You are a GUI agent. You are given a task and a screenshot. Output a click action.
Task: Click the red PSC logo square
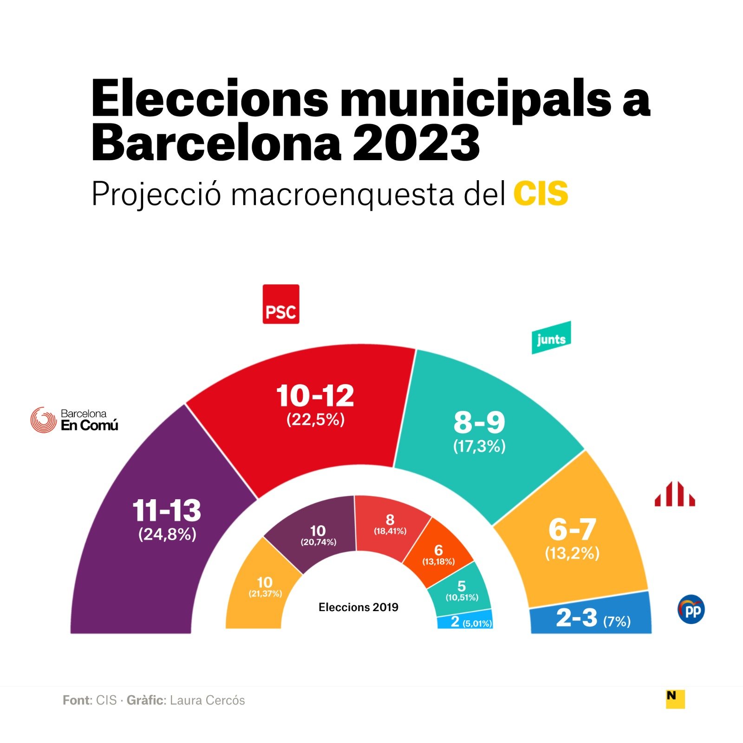281,304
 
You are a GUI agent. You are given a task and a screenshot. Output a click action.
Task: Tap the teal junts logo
551,338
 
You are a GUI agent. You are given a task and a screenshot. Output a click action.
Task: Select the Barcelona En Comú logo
74,420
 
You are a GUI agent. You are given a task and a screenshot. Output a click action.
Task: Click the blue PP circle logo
691,609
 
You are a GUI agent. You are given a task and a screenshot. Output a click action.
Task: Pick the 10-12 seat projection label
315,396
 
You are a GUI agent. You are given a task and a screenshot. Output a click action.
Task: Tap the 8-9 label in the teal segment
479,423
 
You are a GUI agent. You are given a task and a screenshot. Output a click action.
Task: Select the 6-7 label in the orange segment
572,529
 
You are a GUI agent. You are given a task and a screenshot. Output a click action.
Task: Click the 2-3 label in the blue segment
577,618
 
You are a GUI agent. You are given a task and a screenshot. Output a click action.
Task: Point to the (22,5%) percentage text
315,419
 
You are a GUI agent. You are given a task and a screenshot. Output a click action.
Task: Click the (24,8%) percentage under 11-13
167,534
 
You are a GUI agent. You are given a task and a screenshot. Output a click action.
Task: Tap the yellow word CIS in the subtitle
541,194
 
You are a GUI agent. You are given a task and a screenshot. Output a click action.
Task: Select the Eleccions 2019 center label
358,607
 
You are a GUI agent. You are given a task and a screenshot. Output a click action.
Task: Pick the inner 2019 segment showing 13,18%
438,554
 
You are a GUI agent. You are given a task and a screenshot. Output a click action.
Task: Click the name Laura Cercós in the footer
207,700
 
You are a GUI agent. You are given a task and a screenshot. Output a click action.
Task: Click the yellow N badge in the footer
675,698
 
